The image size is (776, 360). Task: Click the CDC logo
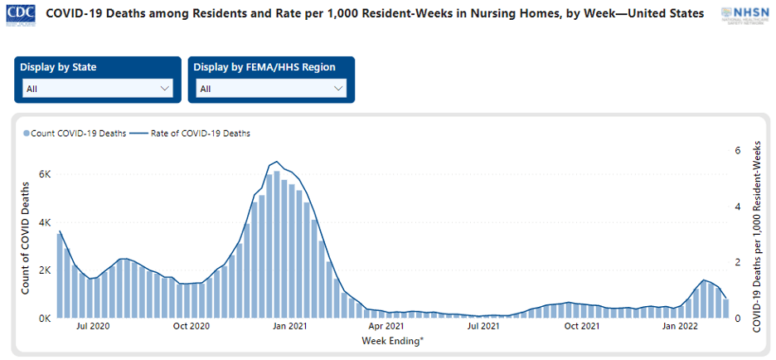[20, 14]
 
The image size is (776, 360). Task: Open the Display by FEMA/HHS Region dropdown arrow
[337, 89]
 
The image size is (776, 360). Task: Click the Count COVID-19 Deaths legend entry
[75, 133]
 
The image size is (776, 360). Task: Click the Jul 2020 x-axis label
[93, 327]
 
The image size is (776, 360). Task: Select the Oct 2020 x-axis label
[191, 327]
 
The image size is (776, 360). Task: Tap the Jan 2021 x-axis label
[289, 327]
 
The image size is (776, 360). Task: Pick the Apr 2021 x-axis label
[386, 327]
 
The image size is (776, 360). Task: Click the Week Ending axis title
[393, 341]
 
